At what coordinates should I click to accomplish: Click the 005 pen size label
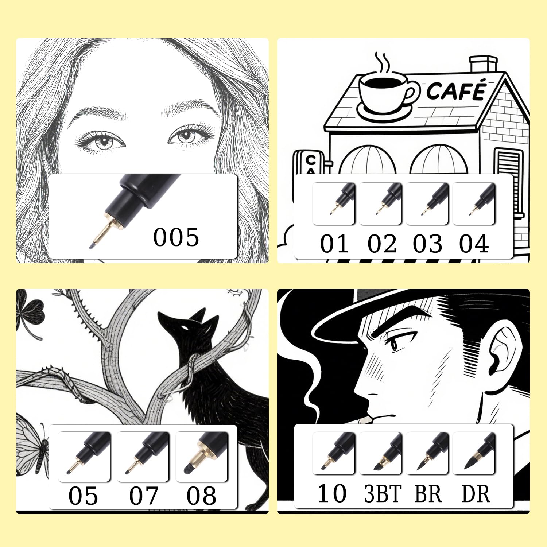point(176,237)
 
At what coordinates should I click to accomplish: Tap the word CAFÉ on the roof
point(457,90)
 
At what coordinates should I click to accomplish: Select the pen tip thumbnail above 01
point(334,203)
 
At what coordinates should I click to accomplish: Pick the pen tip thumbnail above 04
point(474,203)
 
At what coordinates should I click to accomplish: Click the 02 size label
point(382,244)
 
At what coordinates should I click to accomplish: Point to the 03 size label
point(427,244)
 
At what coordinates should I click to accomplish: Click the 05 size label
point(83,496)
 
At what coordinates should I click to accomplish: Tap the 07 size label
point(144,496)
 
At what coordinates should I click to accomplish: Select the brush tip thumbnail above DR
point(474,453)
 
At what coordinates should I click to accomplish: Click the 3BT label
point(383,494)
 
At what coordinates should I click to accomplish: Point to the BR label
point(428,494)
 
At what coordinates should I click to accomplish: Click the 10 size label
point(332,494)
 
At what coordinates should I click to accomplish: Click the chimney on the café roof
point(484,64)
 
